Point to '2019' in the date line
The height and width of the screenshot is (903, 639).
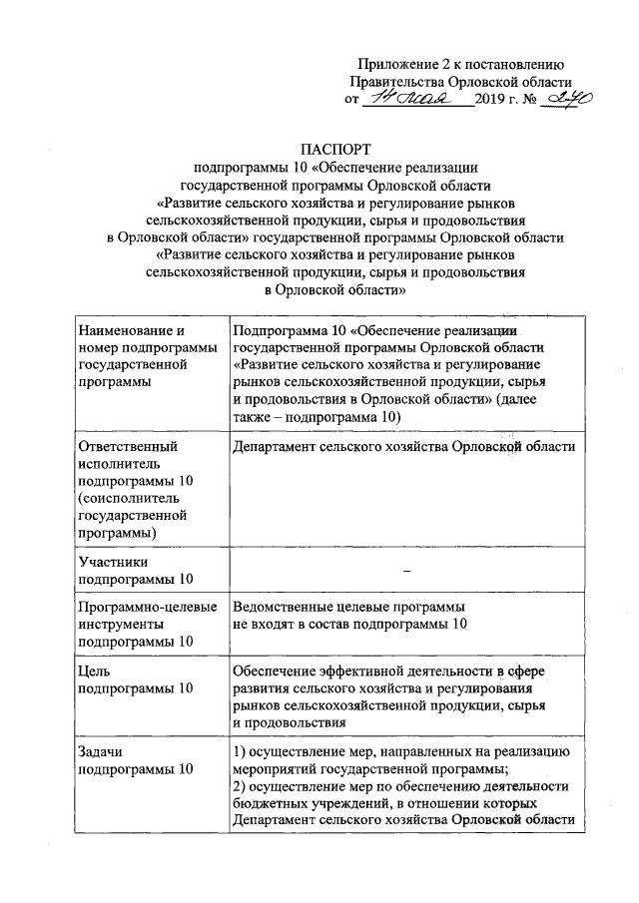(492, 101)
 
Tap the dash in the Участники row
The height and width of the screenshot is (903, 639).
(406, 569)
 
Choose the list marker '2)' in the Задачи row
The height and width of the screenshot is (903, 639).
(240, 785)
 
